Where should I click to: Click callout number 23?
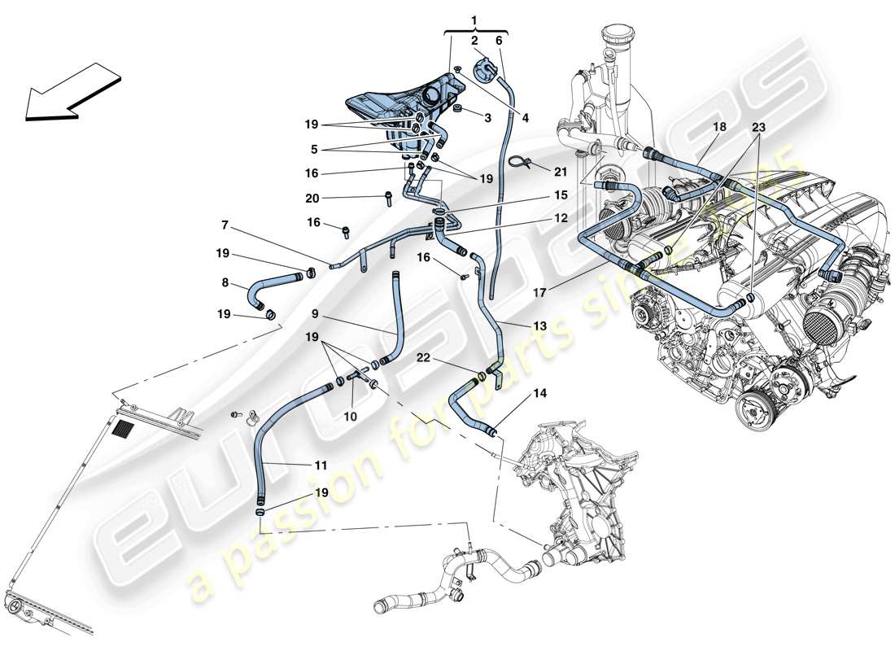(x=758, y=127)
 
